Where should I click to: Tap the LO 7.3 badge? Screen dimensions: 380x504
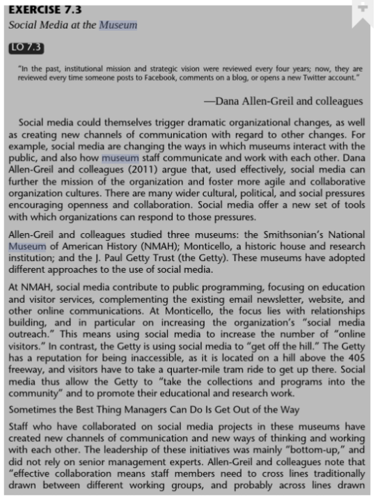point(26,47)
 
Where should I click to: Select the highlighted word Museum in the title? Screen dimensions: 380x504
point(118,25)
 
